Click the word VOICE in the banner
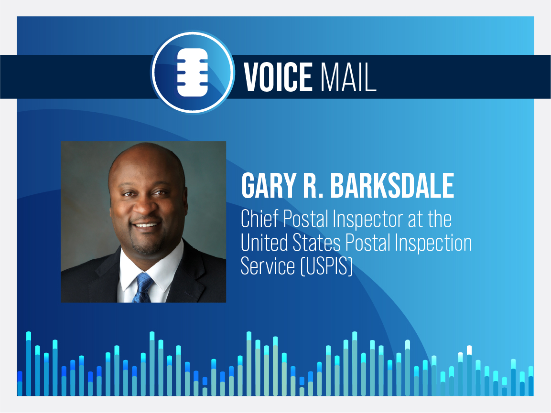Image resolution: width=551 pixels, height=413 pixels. point(278,77)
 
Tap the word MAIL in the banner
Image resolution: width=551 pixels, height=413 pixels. point(348,77)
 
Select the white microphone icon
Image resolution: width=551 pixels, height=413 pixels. point(192,73)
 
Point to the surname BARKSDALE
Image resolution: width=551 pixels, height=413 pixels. point(392,185)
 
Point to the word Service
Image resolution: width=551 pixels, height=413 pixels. point(268,266)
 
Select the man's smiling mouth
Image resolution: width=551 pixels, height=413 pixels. point(145,225)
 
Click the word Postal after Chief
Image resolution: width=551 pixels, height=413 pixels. point(305,219)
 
